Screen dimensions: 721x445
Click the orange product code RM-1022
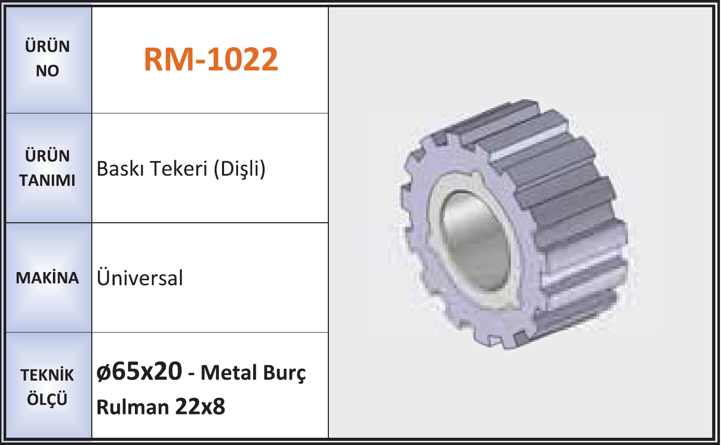coord(211,59)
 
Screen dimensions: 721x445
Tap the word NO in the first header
coord(47,71)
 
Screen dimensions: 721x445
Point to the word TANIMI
coord(47,180)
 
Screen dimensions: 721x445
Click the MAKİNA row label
coord(47,278)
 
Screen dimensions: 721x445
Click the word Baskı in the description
coord(120,169)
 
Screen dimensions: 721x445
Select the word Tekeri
coord(178,169)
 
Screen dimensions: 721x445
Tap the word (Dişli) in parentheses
coord(240,169)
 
